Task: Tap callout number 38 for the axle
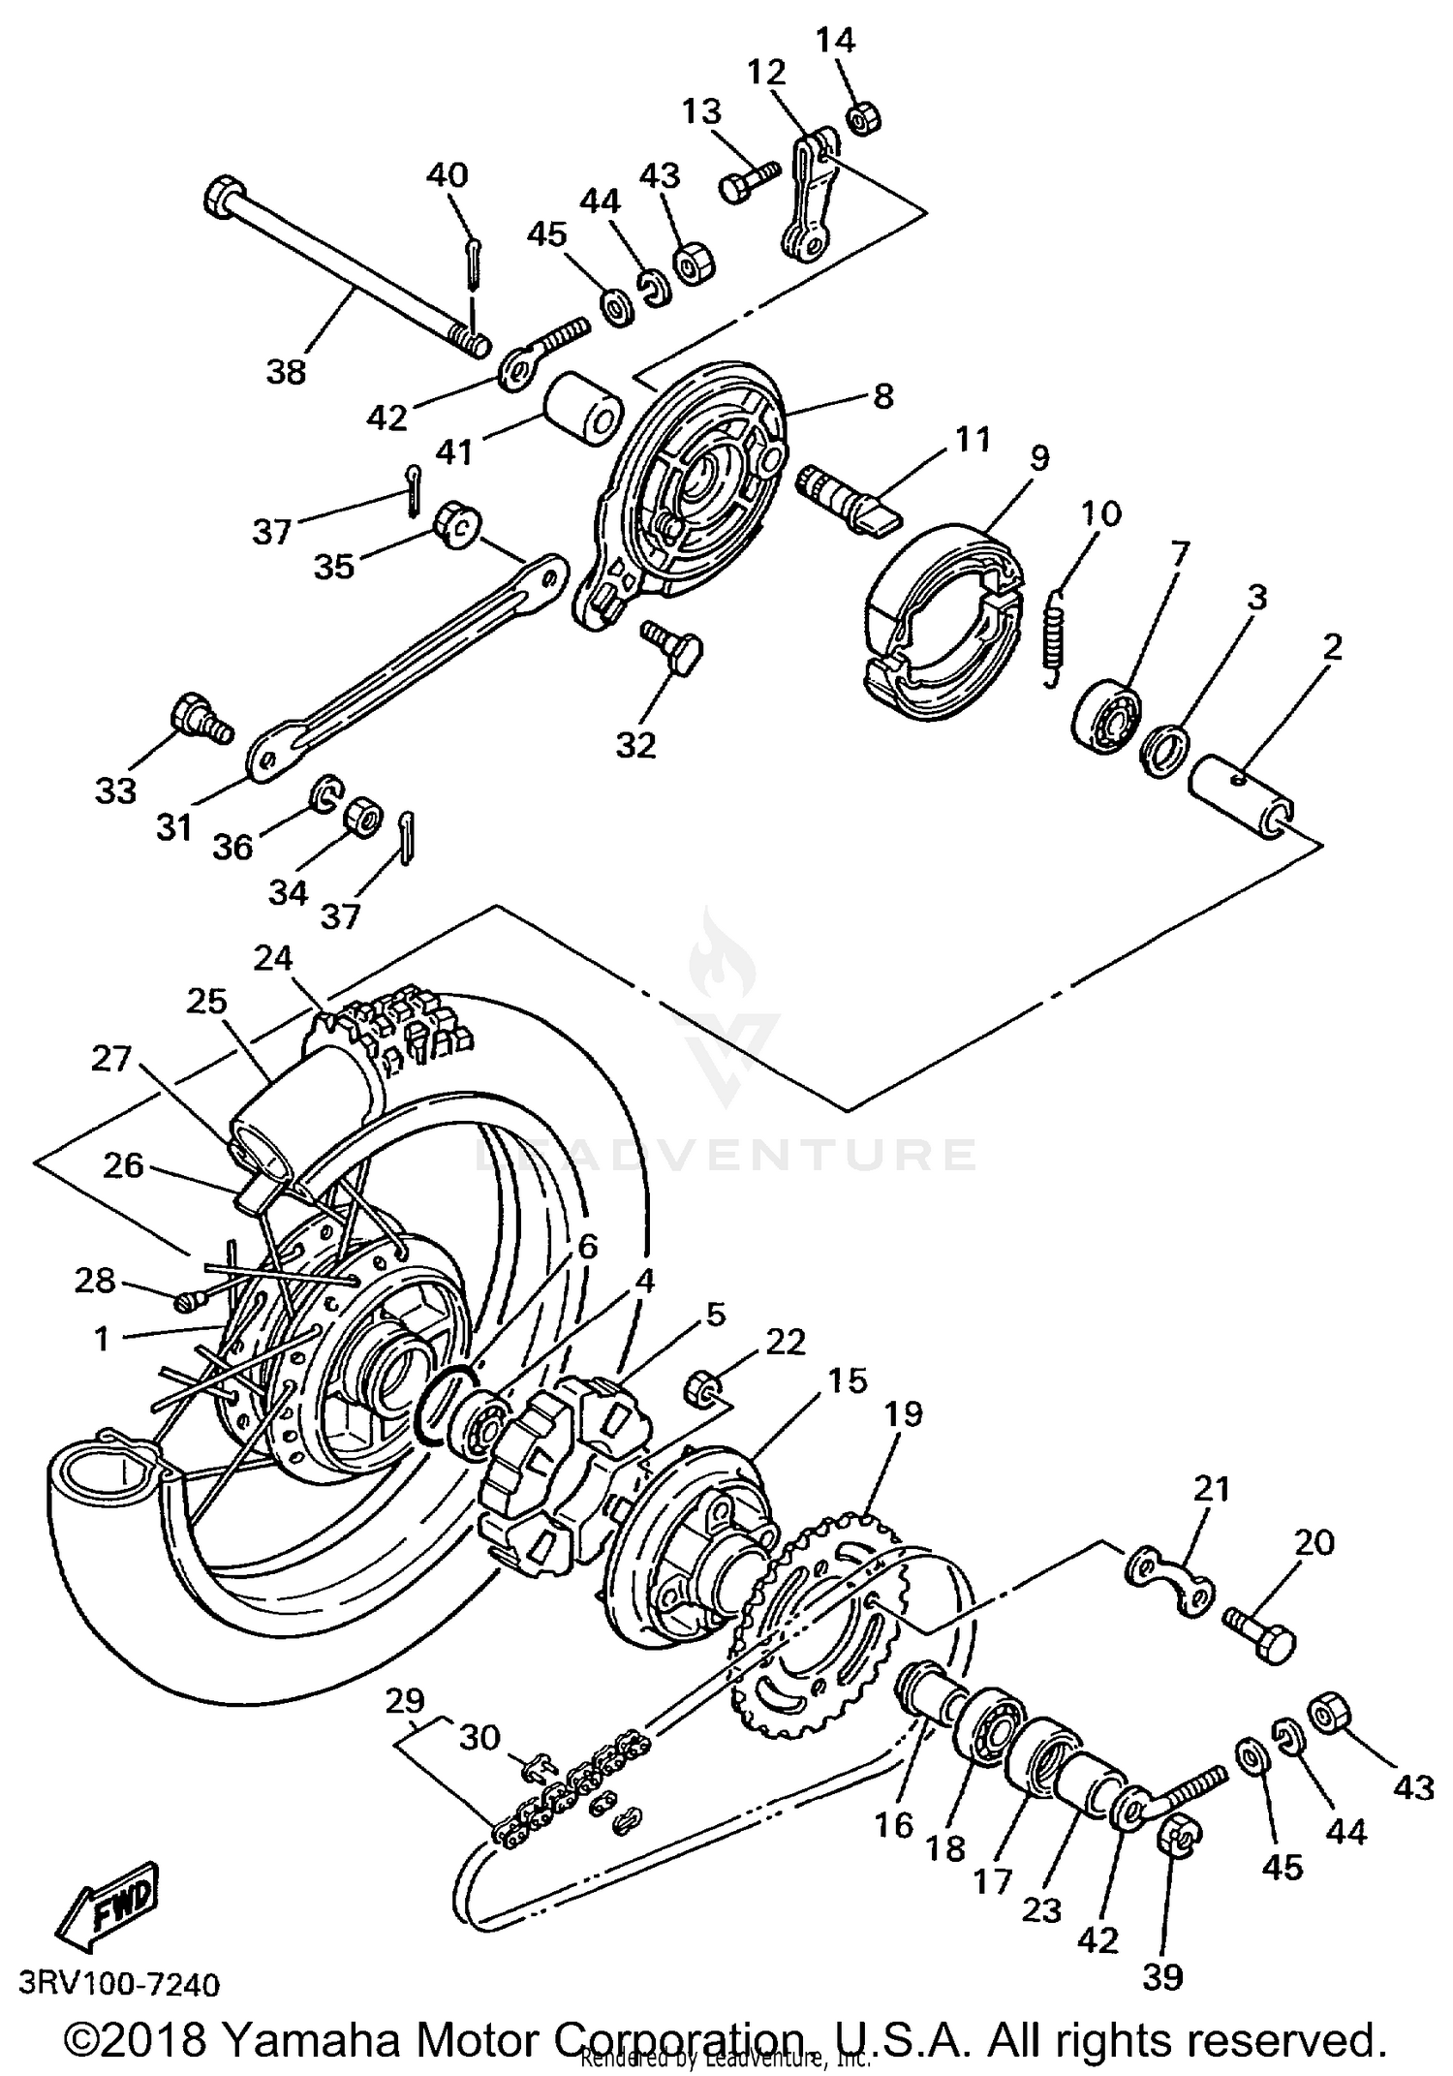click(285, 371)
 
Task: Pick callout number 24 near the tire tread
click(273, 958)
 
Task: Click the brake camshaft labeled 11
click(848, 497)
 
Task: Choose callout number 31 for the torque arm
click(174, 828)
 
